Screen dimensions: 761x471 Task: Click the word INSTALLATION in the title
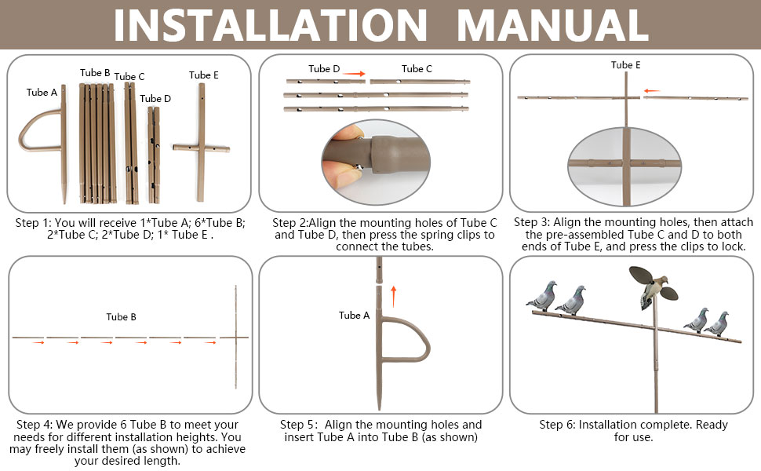point(271,24)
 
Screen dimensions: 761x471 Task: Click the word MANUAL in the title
point(552,24)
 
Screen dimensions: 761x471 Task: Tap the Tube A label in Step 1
point(42,93)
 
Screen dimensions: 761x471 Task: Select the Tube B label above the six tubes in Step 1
point(95,73)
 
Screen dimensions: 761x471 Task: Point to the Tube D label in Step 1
point(155,99)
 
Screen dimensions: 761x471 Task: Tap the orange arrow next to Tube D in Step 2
point(357,74)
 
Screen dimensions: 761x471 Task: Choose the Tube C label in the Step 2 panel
point(417,69)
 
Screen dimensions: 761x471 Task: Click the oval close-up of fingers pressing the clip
point(376,161)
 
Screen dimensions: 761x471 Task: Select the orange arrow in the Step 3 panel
point(652,91)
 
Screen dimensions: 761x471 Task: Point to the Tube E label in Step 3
point(625,65)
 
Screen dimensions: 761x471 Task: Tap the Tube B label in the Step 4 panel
point(122,317)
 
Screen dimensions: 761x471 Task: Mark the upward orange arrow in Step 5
point(394,297)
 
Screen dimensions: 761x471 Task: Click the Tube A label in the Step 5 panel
point(355,316)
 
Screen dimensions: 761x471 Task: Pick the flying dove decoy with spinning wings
point(654,287)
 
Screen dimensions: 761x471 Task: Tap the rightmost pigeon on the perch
point(718,324)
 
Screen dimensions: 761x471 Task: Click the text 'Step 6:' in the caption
point(557,425)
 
